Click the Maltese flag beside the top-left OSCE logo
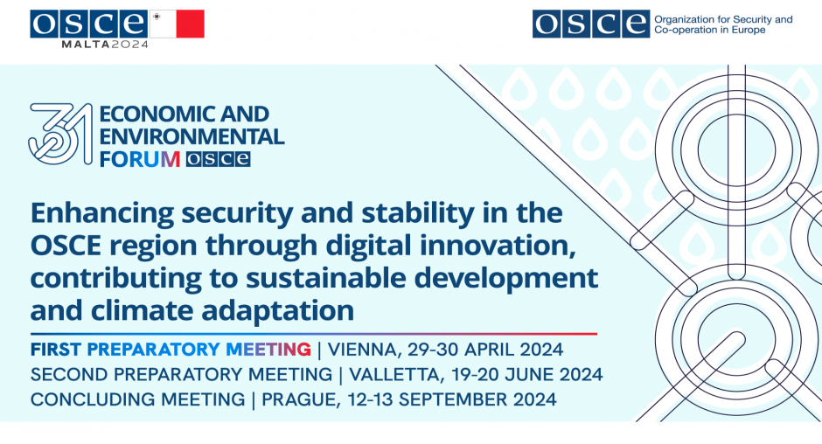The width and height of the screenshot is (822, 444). click(178, 24)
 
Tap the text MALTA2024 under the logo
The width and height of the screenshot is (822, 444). click(105, 45)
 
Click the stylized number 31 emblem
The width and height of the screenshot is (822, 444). click(61, 134)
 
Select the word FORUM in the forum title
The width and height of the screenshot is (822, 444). click(140, 159)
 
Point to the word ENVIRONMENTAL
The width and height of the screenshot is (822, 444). click(192, 136)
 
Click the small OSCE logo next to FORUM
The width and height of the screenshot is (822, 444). click(218, 159)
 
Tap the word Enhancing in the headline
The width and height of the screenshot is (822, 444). click(102, 214)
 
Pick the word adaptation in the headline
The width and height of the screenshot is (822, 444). click(278, 311)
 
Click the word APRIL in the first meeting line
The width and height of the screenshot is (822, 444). click(489, 350)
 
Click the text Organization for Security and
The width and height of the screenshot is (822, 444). click(723, 19)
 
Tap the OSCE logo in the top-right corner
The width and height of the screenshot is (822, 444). click(591, 24)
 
